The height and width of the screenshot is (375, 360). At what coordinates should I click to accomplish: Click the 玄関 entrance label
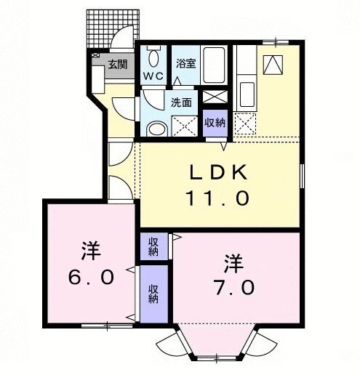(x=118, y=65)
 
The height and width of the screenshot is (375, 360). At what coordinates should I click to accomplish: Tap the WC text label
(x=153, y=76)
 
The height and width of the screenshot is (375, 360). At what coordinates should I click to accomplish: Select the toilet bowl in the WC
(x=153, y=58)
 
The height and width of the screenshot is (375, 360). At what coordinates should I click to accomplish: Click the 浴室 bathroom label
(x=185, y=63)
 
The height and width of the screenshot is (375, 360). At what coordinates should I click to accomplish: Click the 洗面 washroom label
(x=181, y=102)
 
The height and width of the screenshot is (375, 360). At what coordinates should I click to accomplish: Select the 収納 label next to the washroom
(x=215, y=121)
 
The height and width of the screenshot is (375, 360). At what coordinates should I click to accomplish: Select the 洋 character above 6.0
(x=90, y=252)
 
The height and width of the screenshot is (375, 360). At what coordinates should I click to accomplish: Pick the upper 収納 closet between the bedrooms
(x=153, y=246)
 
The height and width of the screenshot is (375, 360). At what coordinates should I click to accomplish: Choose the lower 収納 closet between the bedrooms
(x=153, y=293)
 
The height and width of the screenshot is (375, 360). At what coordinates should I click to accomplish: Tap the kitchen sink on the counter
(x=246, y=93)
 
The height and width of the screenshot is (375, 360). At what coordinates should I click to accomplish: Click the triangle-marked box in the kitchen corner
(x=273, y=65)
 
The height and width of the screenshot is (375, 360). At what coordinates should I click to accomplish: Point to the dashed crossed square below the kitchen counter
(x=245, y=124)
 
